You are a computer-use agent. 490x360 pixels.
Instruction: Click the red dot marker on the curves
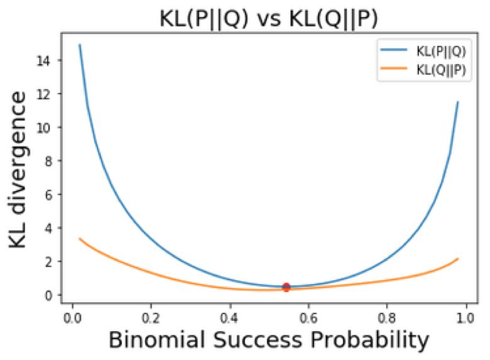point(286,287)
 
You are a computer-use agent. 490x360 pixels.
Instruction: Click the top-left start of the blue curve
point(80,45)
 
